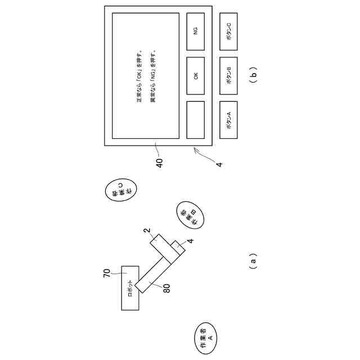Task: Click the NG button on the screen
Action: tap(195, 31)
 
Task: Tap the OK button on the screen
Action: tap(195, 75)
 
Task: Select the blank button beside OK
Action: tap(195, 120)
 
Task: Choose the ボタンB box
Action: tap(232, 75)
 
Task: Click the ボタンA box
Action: tap(232, 120)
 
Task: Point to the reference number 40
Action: tap(160, 163)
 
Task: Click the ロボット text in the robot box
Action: tap(130, 287)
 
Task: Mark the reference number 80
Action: tap(166, 288)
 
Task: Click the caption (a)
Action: tap(254, 260)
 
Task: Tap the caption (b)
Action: tap(254, 75)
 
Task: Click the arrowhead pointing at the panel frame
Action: tap(195, 149)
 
